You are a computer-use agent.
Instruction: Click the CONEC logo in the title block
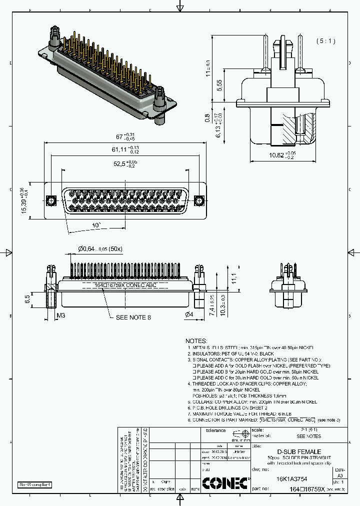[x=224, y=482]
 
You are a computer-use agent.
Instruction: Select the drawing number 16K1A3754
[x=292, y=478]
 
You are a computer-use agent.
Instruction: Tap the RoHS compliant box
[x=35, y=484]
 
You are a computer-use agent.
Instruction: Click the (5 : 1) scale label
[x=325, y=41]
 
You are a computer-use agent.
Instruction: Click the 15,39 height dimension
[x=23, y=201]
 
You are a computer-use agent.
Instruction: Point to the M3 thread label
[x=60, y=315]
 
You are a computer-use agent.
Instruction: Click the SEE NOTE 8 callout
[x=133, y=317]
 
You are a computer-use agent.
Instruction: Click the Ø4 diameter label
[x=189, y=314]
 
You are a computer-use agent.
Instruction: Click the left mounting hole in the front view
[x=50, y=201]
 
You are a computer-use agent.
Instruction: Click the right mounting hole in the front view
[x=198, y=201]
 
